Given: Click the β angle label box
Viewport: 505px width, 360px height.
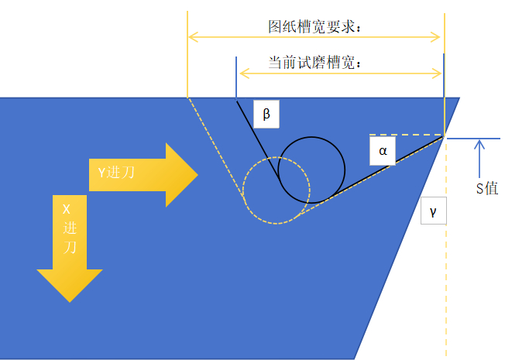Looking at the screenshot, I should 266,115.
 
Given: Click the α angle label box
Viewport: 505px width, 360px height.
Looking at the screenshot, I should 382,151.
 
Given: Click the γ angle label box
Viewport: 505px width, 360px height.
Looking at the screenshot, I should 433,211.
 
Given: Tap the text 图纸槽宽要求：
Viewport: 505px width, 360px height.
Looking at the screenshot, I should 315,25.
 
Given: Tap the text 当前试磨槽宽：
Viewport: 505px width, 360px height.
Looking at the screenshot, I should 315,63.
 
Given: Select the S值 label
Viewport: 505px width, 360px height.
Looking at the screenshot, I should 486,188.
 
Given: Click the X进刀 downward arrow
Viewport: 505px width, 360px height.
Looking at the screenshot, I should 70,248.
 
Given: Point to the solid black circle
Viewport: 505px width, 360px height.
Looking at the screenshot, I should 311,170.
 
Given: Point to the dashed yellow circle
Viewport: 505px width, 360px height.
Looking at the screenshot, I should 276,190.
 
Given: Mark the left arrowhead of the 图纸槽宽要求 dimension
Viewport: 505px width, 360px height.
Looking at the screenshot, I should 193,36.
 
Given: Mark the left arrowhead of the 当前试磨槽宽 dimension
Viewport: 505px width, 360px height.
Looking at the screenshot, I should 243,74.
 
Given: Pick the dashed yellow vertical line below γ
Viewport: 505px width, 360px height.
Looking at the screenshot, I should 445,294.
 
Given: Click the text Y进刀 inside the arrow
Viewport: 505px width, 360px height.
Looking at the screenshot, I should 116,172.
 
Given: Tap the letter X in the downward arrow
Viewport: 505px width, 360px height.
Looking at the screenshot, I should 66,208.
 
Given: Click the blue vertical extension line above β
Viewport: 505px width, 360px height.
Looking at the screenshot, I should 236,77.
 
